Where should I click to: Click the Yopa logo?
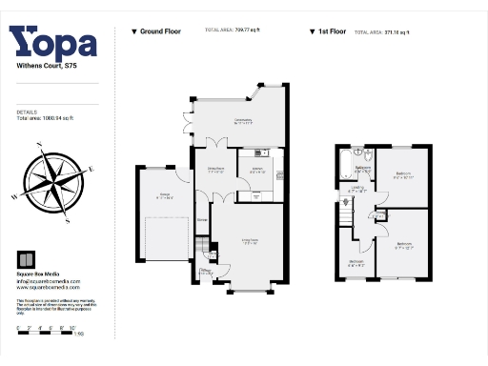[53, 43]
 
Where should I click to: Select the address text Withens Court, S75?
[41, 68]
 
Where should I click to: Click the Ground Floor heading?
[156, 31]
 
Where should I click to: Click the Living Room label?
[251, 243]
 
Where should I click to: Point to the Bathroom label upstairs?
[363, 171]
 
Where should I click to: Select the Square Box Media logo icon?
[27, 260]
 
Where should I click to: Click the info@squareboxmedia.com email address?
[49, 282]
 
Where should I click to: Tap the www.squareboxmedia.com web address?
[49, 290]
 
